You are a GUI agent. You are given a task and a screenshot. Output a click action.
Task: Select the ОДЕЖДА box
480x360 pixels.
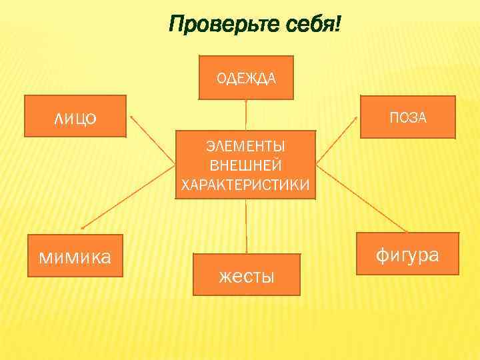(246, 77)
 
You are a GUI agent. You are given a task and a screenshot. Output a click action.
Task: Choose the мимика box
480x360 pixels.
(75, 255)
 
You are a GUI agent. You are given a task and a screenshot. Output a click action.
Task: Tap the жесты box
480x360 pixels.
(246, 274)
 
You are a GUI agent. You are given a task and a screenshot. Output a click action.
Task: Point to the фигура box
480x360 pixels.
(408, 254)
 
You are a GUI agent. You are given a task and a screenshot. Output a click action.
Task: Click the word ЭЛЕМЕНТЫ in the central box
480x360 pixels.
(246, 146)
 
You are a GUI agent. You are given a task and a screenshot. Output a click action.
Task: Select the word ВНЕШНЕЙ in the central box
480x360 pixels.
(246, 165)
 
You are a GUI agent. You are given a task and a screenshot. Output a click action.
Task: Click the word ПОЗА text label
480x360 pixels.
(408, 118)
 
